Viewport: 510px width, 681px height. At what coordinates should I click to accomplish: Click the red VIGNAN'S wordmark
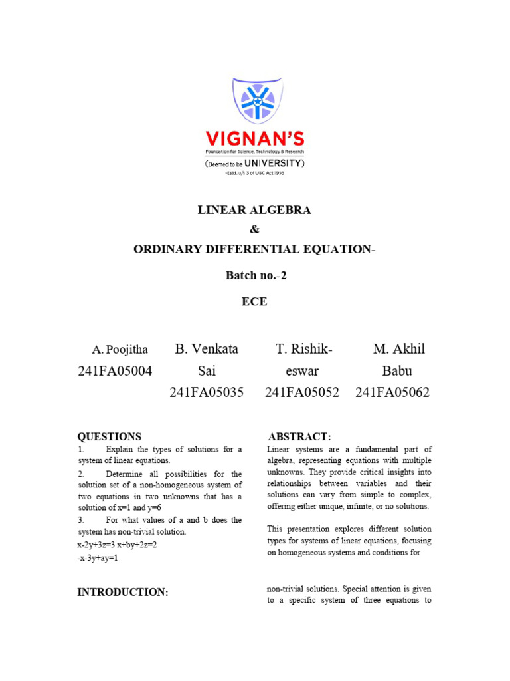click(x=255, y=139)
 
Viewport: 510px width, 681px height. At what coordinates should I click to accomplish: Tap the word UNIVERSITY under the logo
click(x=278, y=162)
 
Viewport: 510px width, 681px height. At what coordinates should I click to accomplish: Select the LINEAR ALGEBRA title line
click(x=254, y=210)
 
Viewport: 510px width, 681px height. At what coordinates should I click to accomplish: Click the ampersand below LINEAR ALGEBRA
click(x=254, y=229)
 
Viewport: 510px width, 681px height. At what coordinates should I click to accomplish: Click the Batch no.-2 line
click(x=254, y=275)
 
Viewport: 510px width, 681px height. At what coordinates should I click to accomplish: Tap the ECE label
click(x=254, y=301)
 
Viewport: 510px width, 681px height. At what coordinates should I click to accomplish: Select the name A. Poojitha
click(x=120, y=350)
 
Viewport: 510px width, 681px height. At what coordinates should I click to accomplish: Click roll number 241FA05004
click(x=115, y=371)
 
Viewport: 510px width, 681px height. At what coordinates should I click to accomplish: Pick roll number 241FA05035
click(x=207, y=392)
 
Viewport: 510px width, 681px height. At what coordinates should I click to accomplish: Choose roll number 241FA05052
click(x=302, y=392)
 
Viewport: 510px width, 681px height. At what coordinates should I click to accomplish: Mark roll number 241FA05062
click(x=392, y=392)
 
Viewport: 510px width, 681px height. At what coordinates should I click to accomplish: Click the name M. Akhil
click(x=398, y=349)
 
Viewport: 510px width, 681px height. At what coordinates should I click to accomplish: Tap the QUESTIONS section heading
click(x=110, y=436)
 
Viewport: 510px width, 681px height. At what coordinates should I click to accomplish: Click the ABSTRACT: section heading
click(x=299, y=436)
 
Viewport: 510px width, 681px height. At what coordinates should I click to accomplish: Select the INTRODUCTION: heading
click(x=123, y=592)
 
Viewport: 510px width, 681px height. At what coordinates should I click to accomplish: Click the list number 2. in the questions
click(x=80, y=474)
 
